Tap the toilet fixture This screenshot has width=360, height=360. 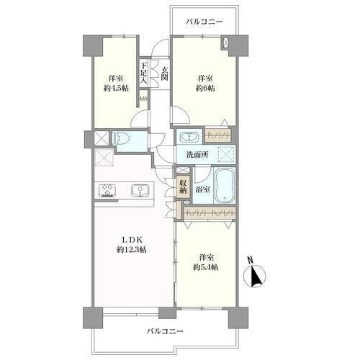pos(121,138)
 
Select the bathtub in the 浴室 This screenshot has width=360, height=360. pos(225,185)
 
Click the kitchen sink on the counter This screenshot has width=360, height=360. pos(139,190)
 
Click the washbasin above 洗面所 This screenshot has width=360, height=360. pos(189,137)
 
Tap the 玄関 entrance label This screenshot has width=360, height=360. pos(164,74)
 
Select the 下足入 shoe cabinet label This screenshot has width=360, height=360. pos(143,73)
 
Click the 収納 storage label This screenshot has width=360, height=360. pos(183,186)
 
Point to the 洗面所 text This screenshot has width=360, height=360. pos(197,155)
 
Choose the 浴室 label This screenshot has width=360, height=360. pos(203,189)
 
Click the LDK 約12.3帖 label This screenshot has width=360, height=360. pos(131,245)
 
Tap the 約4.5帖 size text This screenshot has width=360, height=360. pos(116,89)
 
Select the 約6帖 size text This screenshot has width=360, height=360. pos(205,89)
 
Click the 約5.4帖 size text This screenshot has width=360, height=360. pos(206,267)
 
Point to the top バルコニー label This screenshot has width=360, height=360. pos(204,22)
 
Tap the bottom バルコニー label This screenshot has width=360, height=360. pos(165,331)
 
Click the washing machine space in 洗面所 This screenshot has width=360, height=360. pos(226,154)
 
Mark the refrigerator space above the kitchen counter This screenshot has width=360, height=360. pos(104,157)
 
